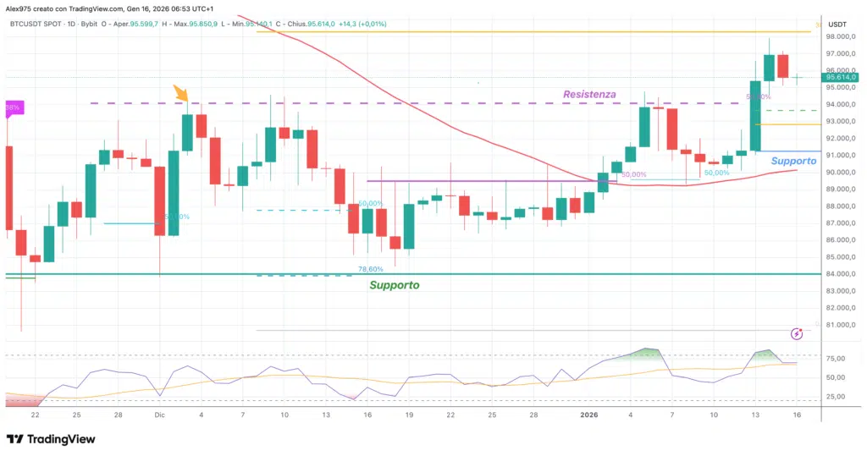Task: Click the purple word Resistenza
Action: point(589,95)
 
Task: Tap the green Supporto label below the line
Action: point(394,285)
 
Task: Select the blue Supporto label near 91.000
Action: point(793,161)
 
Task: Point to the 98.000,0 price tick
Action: point(837,37)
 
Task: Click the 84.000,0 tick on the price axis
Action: point(837,274)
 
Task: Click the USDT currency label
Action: point(837,24)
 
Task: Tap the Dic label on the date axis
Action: point(159,415)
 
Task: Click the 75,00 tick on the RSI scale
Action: point(836,358)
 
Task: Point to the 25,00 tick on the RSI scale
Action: point(836,396)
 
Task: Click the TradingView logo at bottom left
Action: point(51,439)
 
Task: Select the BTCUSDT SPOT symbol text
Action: point(39,24)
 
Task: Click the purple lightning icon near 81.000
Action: point(796,334)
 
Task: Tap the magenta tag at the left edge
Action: point(14,107)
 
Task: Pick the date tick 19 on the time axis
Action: point(409,415)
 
